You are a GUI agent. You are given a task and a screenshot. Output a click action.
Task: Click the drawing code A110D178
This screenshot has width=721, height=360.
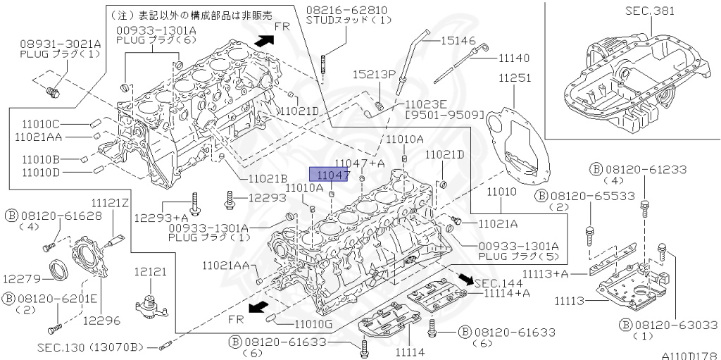coord(690,356)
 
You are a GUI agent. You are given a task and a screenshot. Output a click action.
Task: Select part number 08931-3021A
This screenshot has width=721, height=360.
coord(60,43)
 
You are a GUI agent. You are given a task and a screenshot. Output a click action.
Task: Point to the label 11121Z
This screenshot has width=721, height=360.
coord(111,203)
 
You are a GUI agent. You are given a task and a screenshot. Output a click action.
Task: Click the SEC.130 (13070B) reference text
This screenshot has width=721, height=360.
coord(91,347)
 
